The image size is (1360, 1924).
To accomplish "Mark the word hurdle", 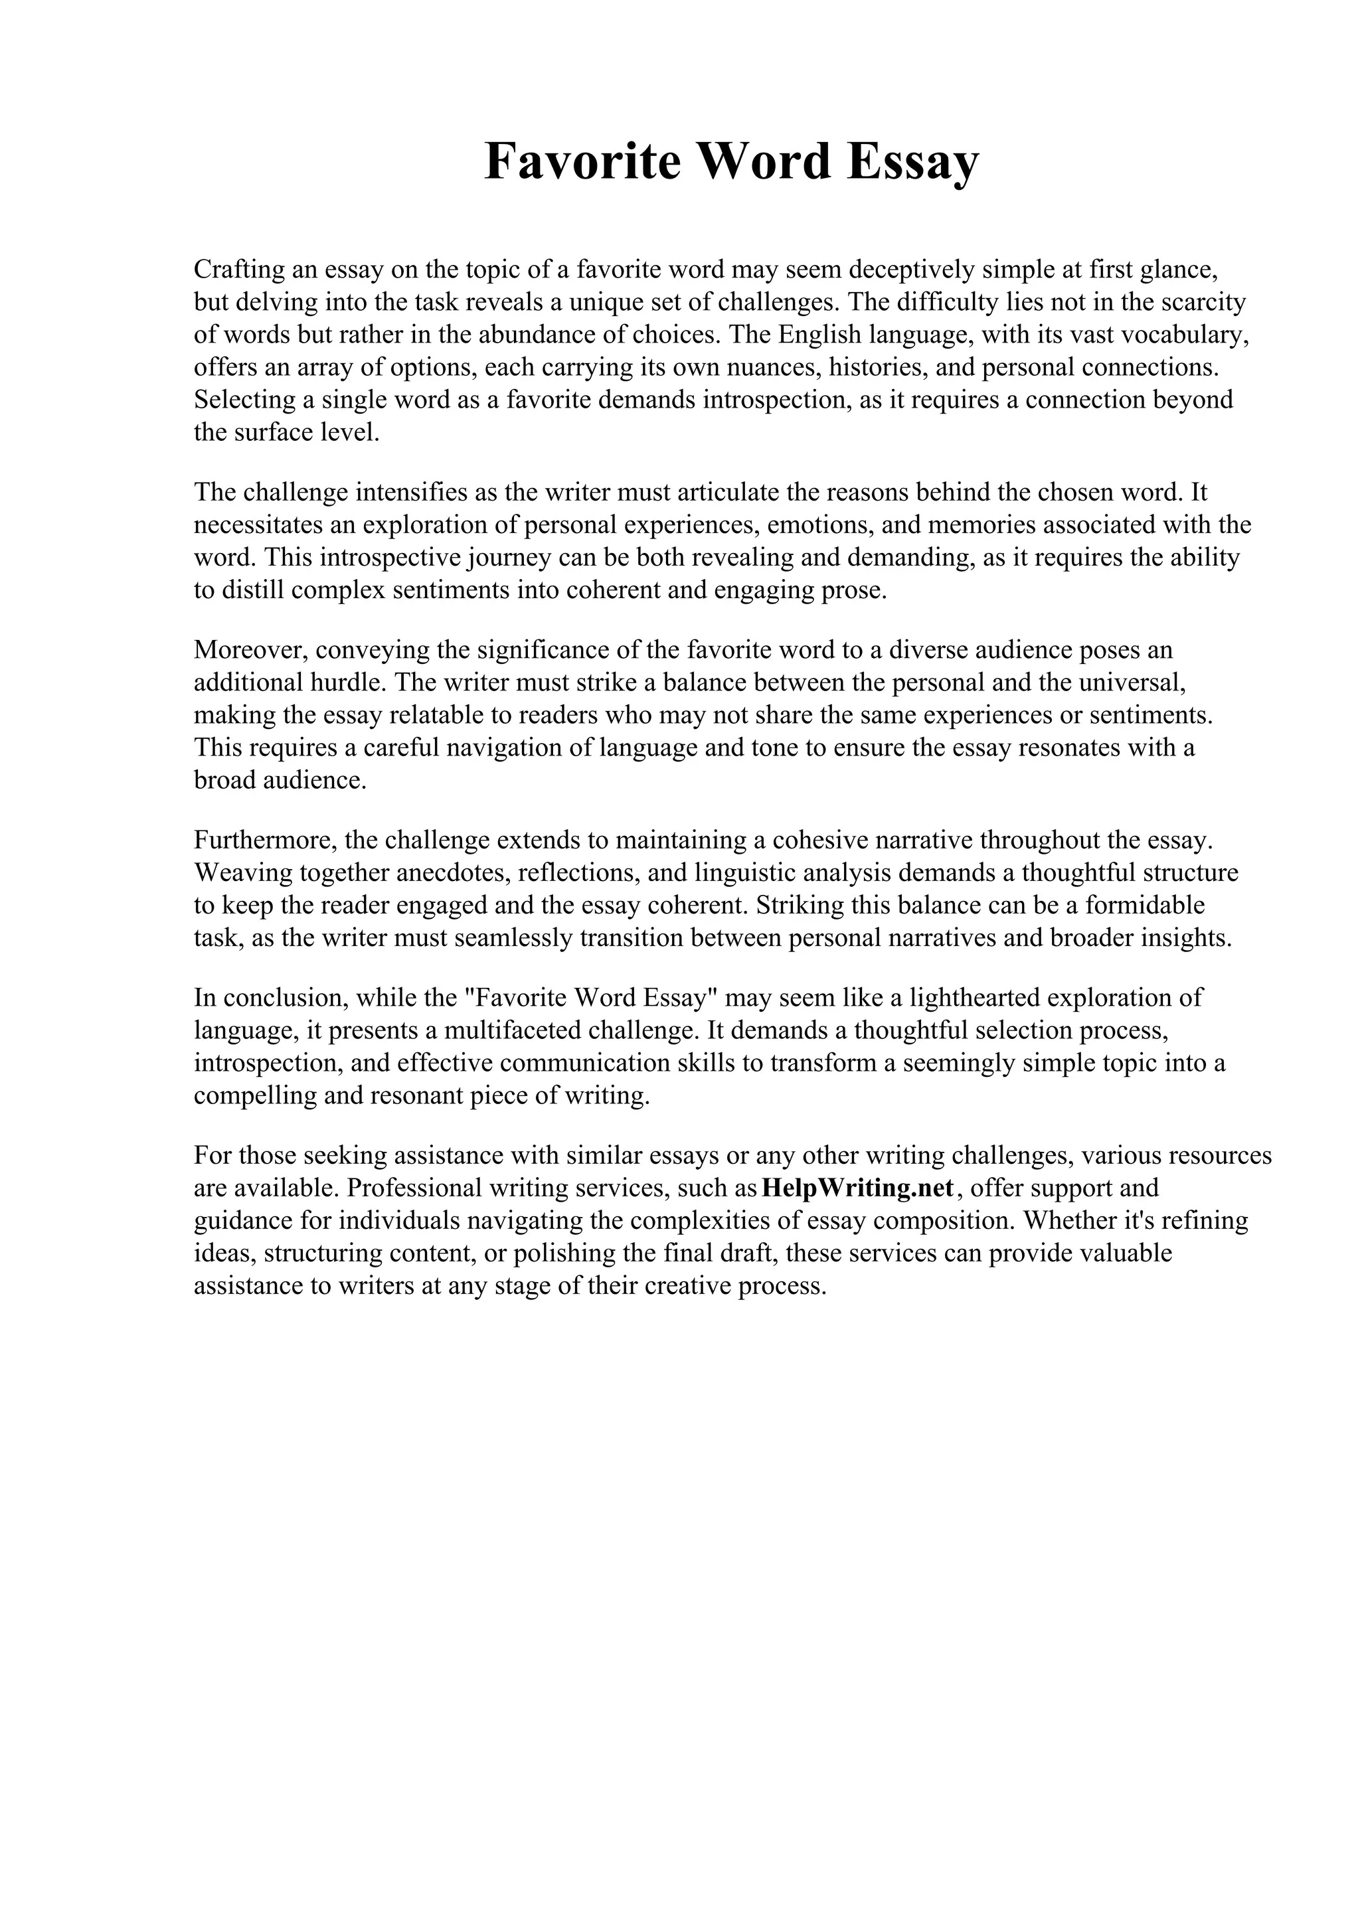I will tap(346, 682).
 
